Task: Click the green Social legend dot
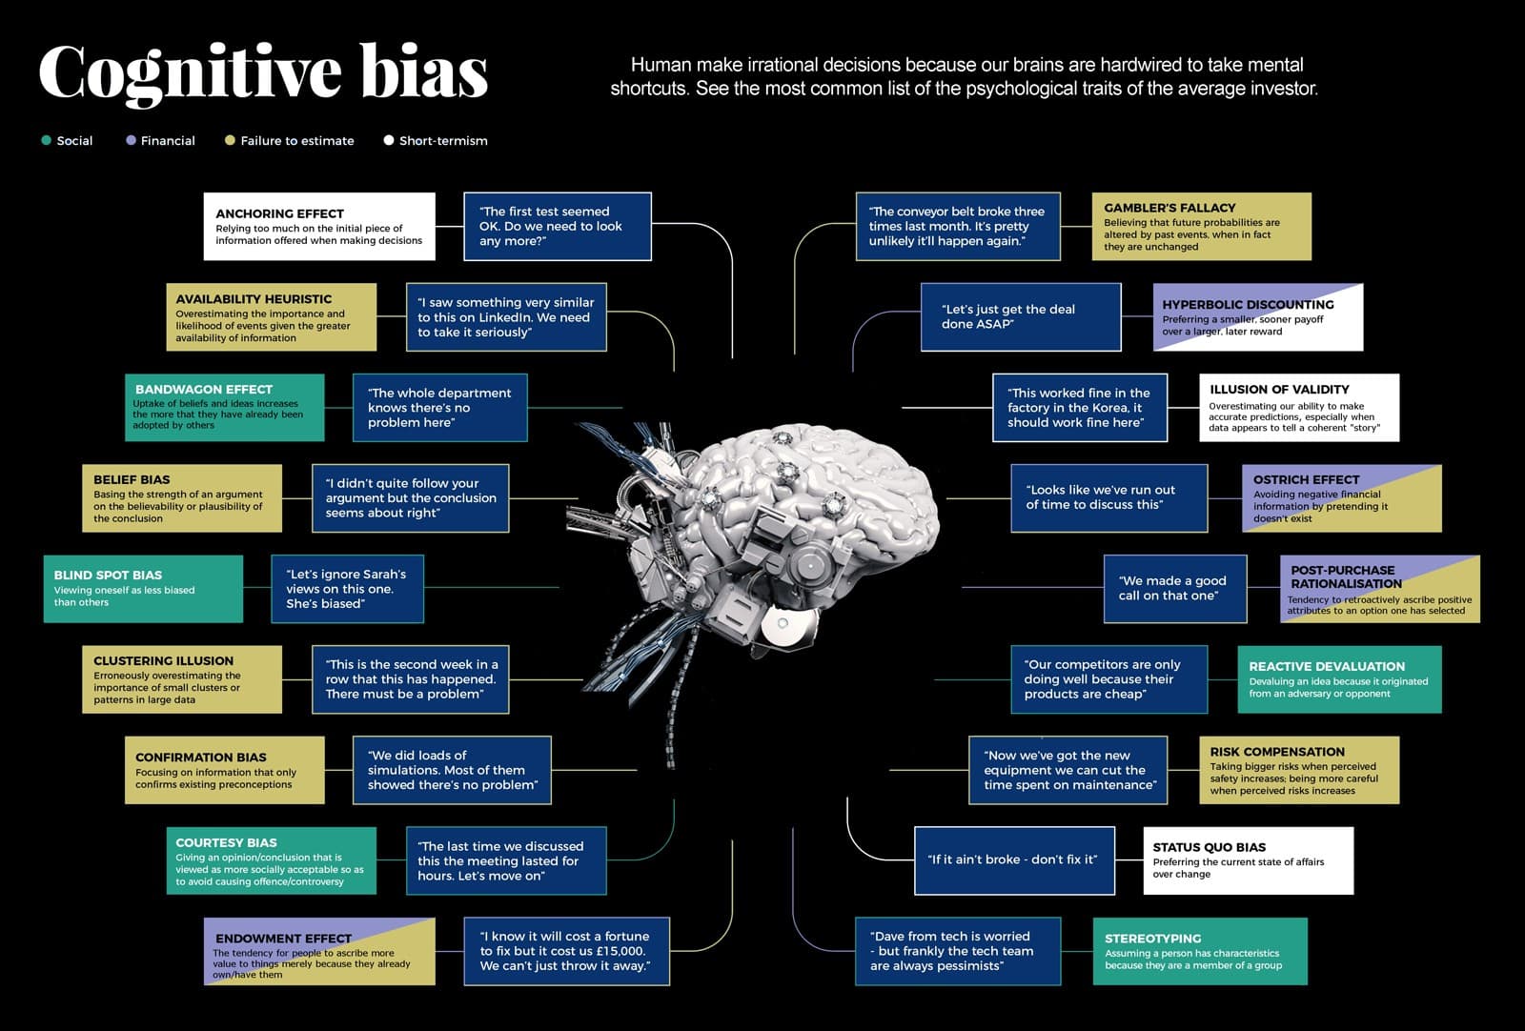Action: pyautogui.click(x=47, y=140)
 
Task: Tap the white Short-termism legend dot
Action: pyautogui.click(x=389, y=140)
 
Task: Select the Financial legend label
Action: pyautogui.click(x=168, y=141)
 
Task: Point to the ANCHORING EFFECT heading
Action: pyautogui.click(x=280, y=213)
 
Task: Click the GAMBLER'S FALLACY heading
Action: pyautogui.click(x=1169, y=208)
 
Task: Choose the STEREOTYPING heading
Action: pyautogui.click(x=1152, y=939)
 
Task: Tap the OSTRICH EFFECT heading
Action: pyautogui.click(x=1306, y=480)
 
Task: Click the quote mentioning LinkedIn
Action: pyautogui.click(x=505, y=317)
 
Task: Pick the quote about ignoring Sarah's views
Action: pyautogui.click(x=346, y=589)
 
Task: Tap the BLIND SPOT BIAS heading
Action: pyautogui.click(x=108, y=575)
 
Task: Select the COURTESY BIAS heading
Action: pyautogui.click(x=226, y=842)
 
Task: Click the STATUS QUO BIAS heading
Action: pyautogui.click(x=1210, y=847)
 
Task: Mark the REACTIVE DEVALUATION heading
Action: pyautogui.click(x=1327, y=666)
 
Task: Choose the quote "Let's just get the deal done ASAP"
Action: pyautogui.click(x=1007, y=316)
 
